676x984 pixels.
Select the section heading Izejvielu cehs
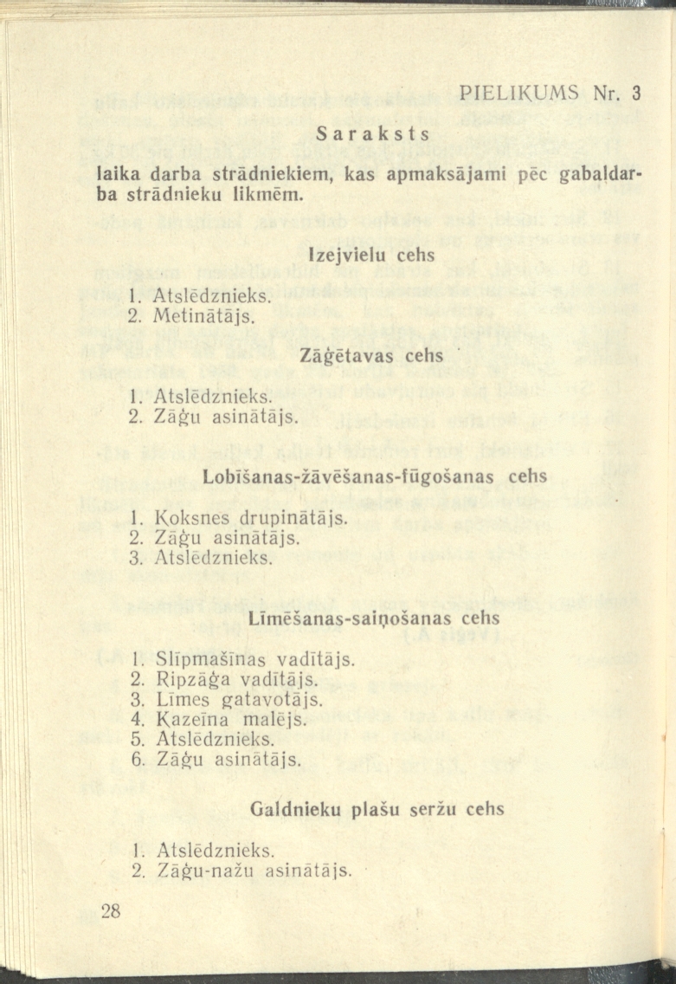coord(372,256)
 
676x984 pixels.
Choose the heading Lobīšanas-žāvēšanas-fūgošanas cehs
coord(375,476)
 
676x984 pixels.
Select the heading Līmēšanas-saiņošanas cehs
coord(374,619)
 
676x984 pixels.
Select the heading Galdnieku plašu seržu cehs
coord(377,809)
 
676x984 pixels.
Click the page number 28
coord(113,910)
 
